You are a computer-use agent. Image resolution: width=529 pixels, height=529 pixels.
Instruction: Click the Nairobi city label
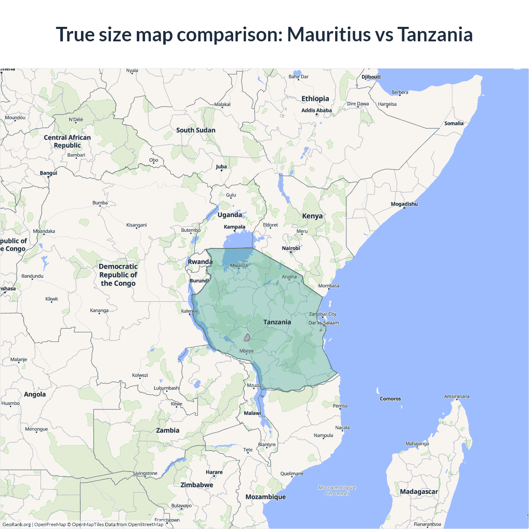point(291,248)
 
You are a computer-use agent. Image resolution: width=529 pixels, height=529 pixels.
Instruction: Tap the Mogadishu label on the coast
point(404,204)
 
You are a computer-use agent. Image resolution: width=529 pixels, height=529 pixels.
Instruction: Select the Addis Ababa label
point(317,110)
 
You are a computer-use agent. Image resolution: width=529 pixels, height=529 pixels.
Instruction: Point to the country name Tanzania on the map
point(277,322)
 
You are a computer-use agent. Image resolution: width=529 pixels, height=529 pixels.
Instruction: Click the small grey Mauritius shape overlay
point(247,338)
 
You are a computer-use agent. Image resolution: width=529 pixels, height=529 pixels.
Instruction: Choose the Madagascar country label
point(419,491)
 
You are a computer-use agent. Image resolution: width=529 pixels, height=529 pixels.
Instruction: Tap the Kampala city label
point(234,227)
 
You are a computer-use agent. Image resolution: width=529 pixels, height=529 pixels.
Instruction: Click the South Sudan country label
point(195,130)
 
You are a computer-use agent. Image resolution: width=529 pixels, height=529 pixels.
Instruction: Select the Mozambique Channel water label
point(337,491)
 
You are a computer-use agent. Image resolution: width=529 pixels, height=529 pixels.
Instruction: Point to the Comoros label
point(390,399)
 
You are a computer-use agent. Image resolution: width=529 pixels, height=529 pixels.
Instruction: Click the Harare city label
point(214,472)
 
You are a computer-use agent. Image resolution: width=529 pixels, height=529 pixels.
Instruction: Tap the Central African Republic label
point(67,141)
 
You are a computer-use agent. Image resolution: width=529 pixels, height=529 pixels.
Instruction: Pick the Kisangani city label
point(136,225)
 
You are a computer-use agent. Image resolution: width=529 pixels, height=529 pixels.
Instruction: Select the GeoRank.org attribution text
point(17,524)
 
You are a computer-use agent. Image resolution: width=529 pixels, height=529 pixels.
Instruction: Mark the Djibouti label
point(371,77)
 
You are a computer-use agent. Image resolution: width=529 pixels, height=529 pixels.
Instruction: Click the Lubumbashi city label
point(167,388)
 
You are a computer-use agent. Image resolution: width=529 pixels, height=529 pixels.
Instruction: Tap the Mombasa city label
point(329,286)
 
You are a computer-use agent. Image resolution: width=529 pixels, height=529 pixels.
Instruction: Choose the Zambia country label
point(167,430)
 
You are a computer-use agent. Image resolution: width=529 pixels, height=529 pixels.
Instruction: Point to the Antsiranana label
point(457,396)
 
